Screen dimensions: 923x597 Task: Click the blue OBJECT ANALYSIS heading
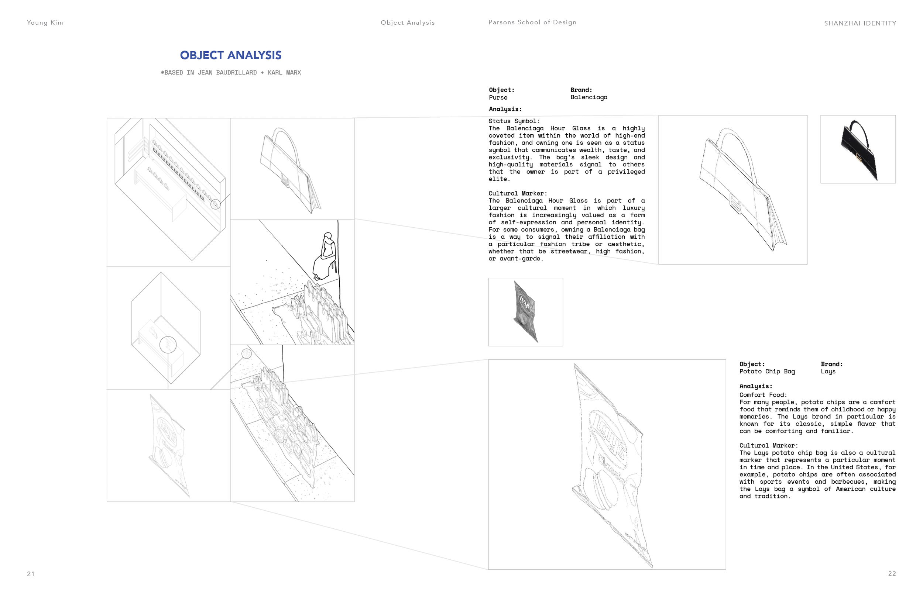tap(230, 55)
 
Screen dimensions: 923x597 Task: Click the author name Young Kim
tap(45, 23)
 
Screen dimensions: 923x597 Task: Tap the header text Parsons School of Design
tap(532, 23)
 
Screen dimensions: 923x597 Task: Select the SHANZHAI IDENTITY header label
tap(860, 24)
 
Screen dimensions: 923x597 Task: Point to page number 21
tap(31, 574)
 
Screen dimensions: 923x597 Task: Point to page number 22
tap(892, 573)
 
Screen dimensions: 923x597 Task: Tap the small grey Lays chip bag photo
tap(525, 312)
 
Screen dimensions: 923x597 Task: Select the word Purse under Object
tap(498, 98)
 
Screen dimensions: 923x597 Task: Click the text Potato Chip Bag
tap(767, 372)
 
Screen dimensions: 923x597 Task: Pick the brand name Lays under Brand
tap(828, 372)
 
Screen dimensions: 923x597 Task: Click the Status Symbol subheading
tap(514, 121)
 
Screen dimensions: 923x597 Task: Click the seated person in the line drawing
tap(326, 256)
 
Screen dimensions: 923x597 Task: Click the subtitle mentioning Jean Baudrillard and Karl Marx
tap(231, 72)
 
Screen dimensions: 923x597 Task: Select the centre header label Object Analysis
tap(408, 23)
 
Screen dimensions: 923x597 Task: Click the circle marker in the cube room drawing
tap(168, 344)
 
